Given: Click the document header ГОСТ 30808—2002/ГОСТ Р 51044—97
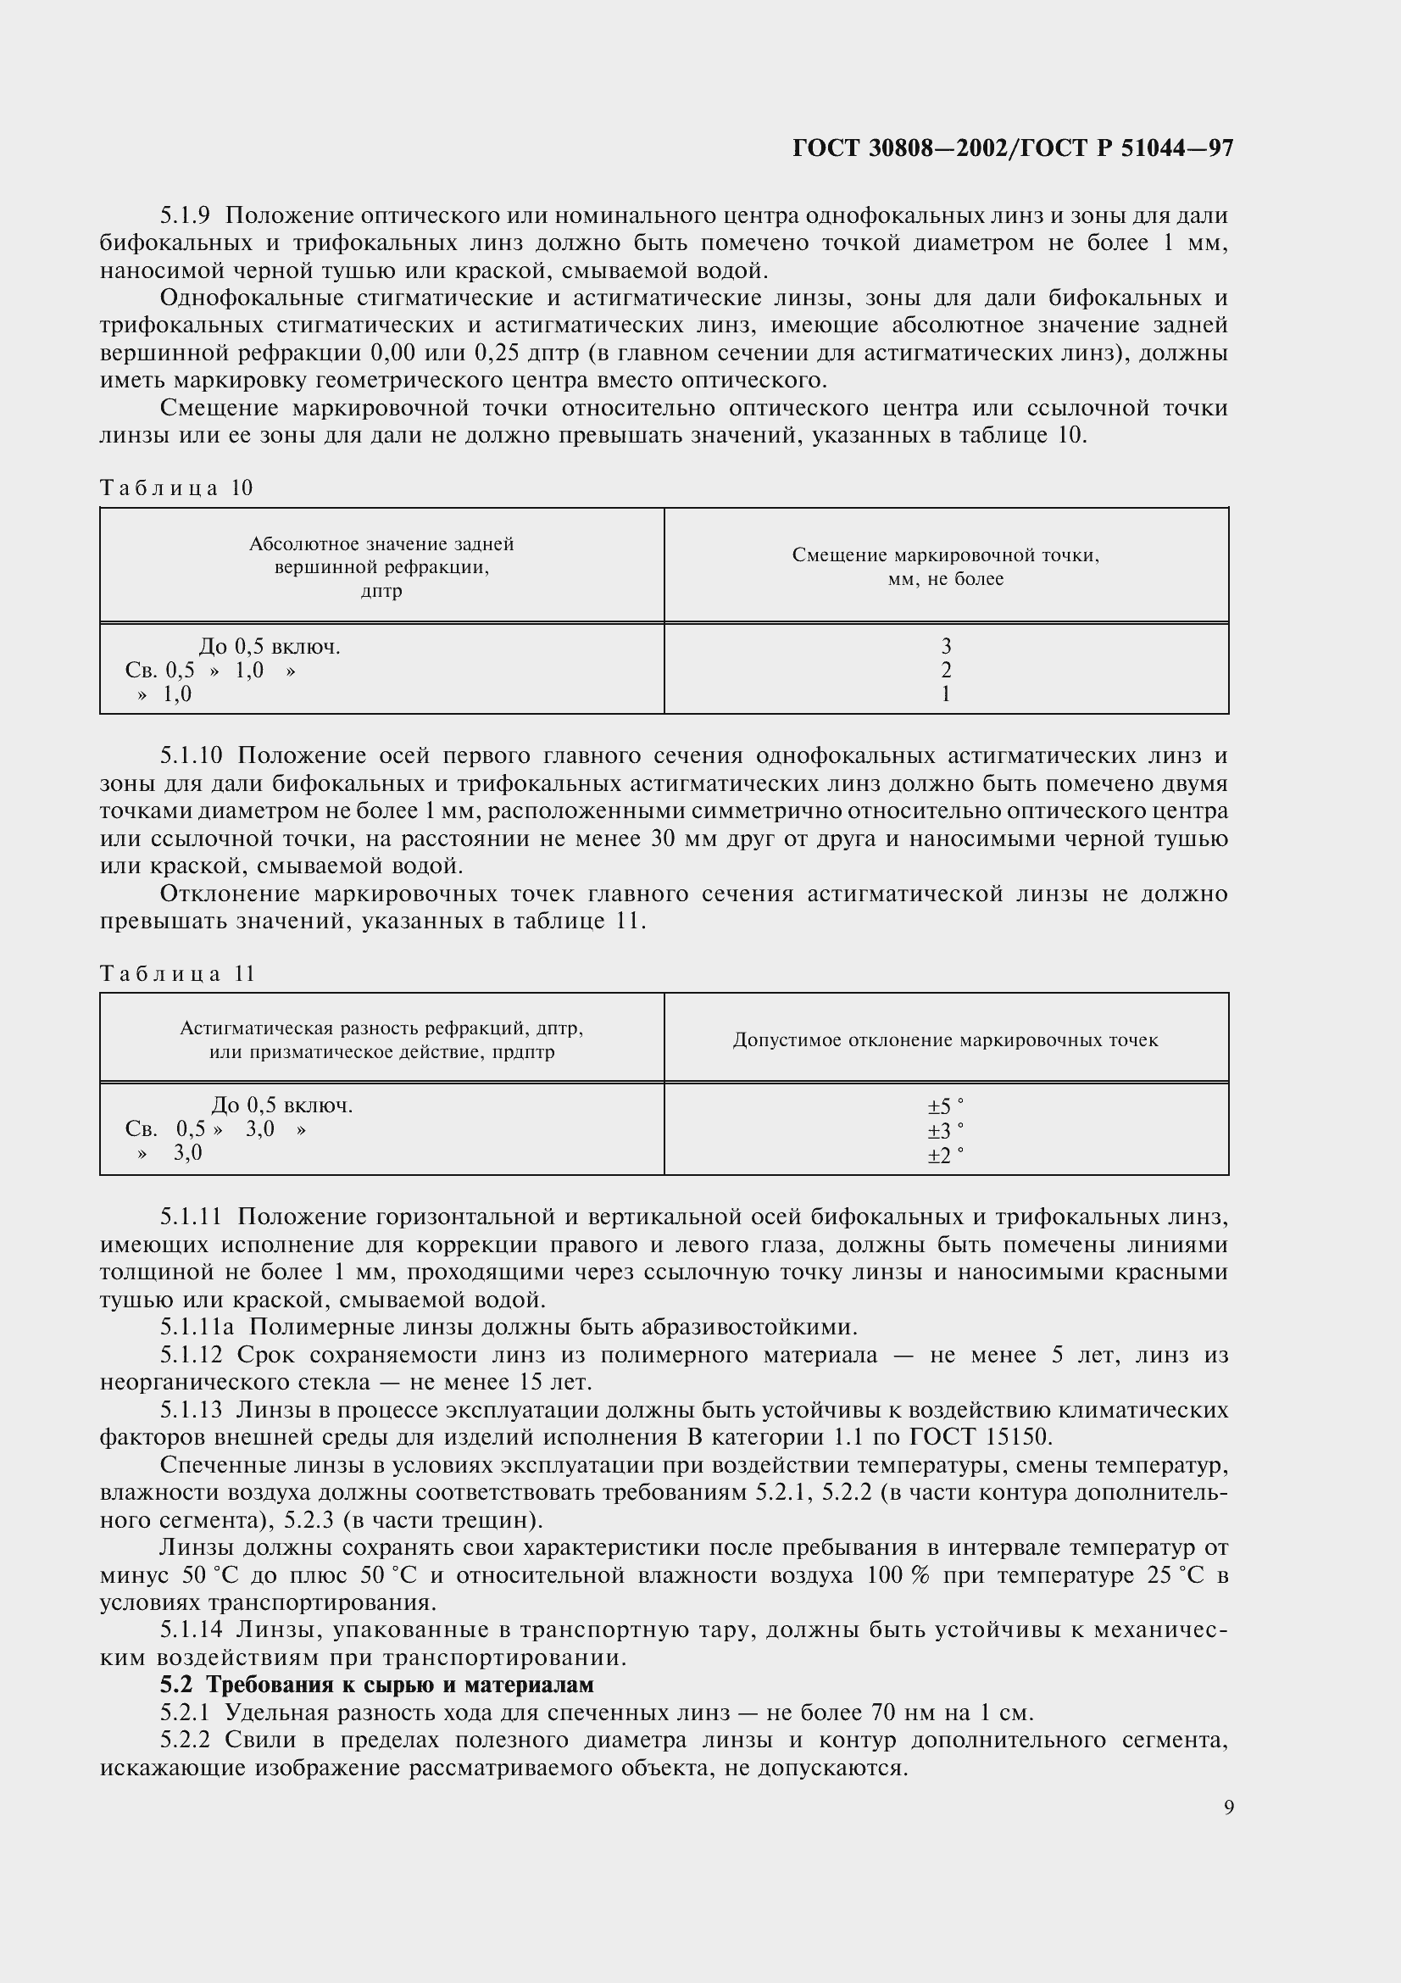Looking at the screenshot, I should click(1013, 148).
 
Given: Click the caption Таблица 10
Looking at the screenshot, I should click(177, 488).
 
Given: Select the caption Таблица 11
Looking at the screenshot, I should click(178, 973).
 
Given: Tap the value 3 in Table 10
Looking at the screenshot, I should click(946, 646).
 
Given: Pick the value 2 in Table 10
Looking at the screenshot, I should click(946, 671).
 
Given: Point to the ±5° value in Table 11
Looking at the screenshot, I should click(945, 1106).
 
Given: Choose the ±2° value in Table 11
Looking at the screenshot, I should click(945, 1155).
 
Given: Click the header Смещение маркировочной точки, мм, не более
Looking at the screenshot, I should click(945, 566).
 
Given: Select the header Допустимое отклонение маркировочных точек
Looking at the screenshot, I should click(945, 1040).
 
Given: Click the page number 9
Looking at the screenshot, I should click(1228, 1808).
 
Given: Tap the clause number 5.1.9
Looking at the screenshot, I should click(185, 216).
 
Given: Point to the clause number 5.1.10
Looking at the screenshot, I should click(191, 755).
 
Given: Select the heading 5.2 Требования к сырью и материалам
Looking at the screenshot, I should click(377, 1685).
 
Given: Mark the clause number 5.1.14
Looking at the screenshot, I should click(191, 1629).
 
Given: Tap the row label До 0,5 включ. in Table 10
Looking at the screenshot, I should click(270, 647).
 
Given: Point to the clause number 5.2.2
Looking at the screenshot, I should click(185, 1741).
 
